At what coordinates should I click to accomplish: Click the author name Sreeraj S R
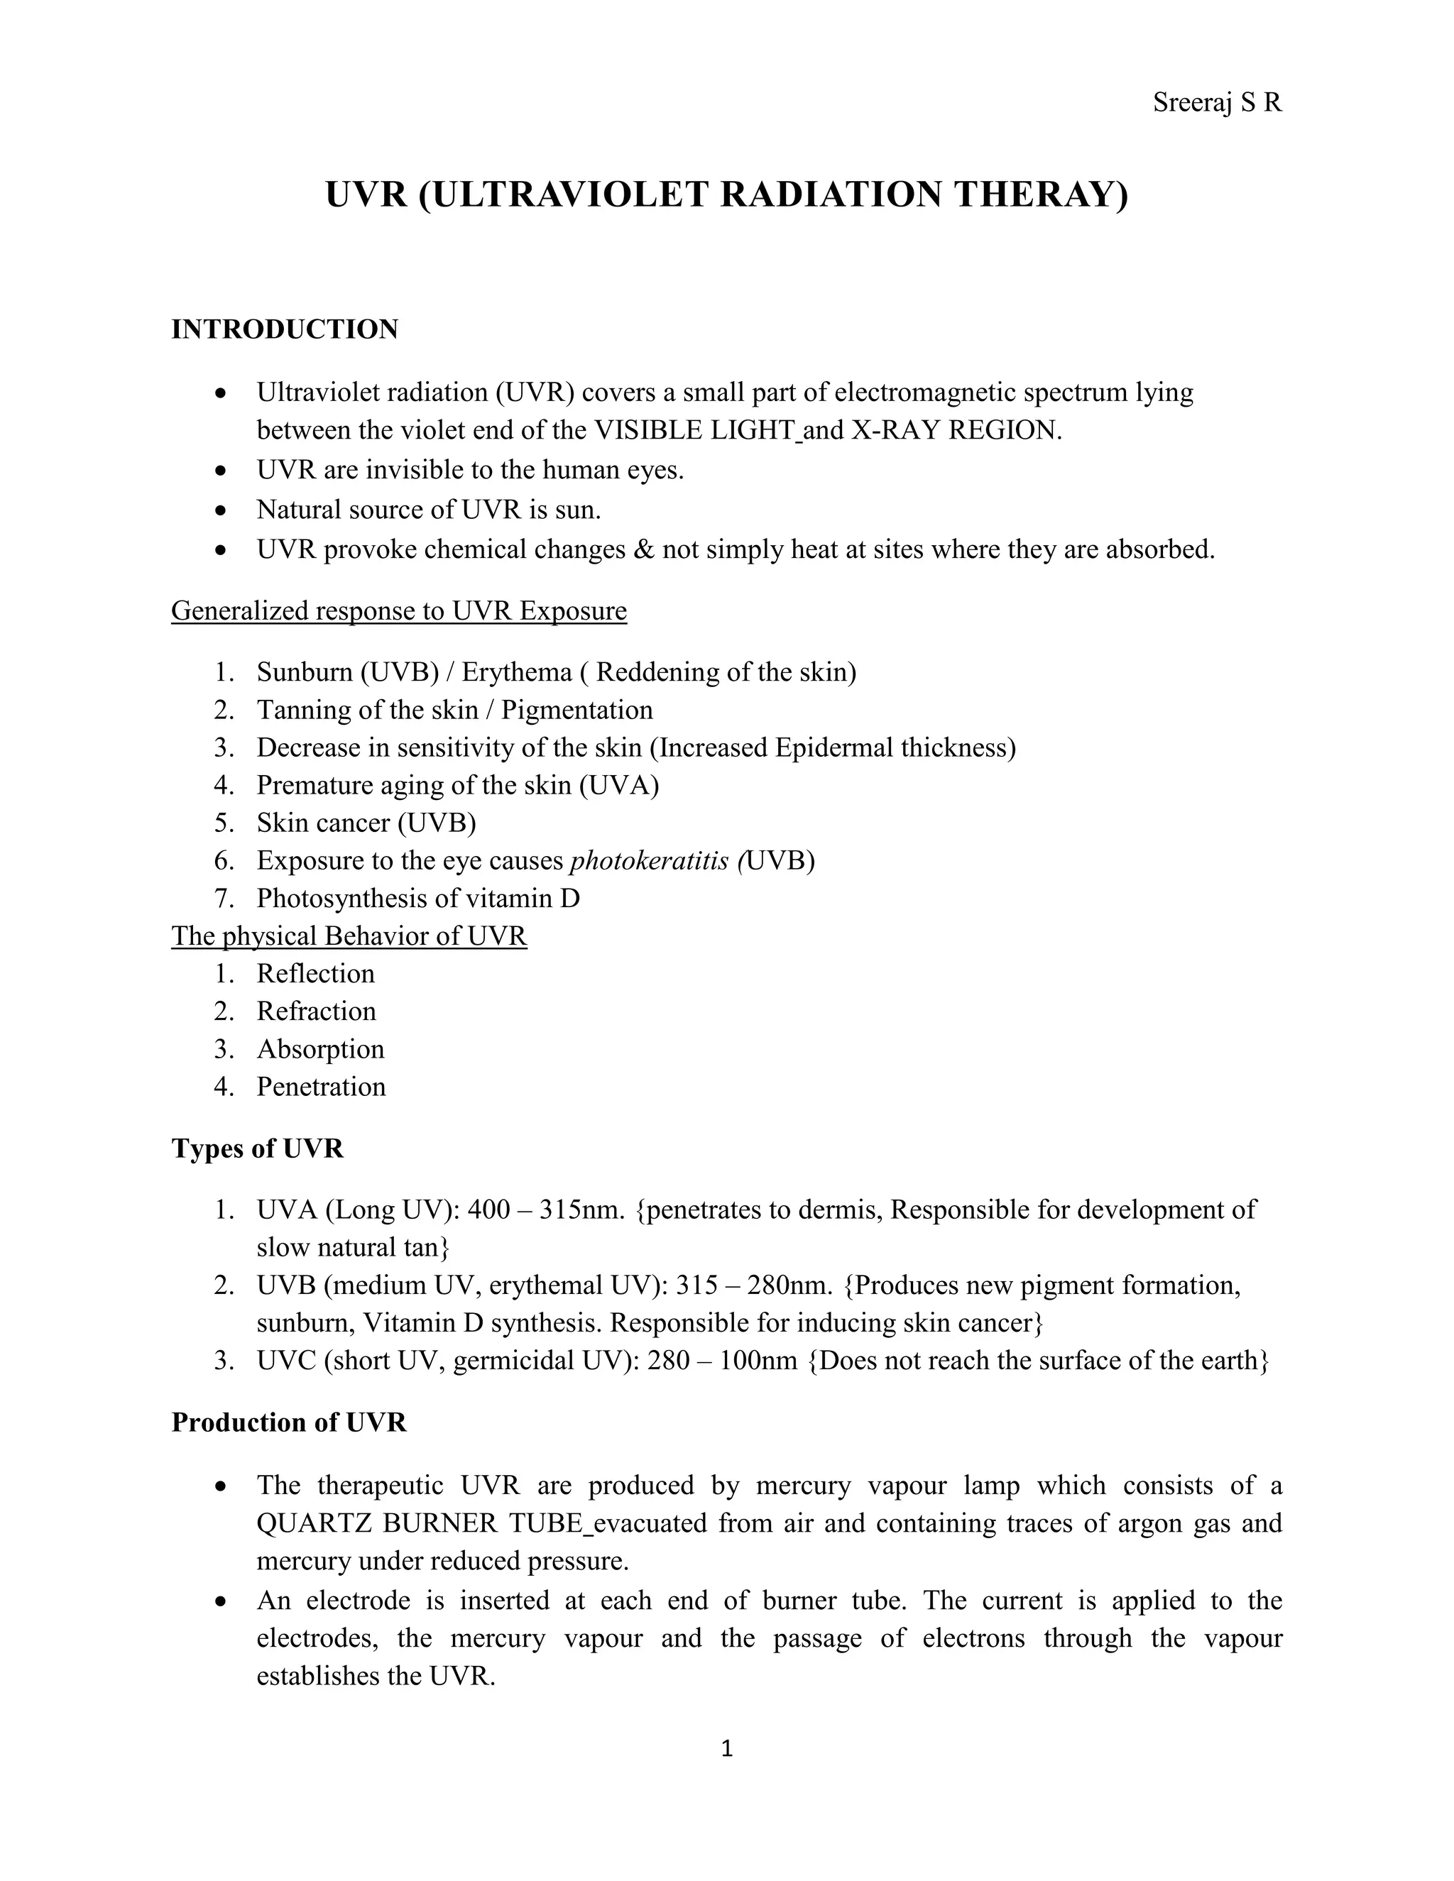tap(1216, 104)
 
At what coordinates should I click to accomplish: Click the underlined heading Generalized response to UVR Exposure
tap(399, 610)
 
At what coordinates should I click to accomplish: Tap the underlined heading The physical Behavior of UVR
tap(349, 936)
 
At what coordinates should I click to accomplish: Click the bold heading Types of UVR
tap(258, 1149)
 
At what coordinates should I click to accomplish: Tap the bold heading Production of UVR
tap(288, 1422)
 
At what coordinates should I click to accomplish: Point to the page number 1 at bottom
tap(726, 1748)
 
